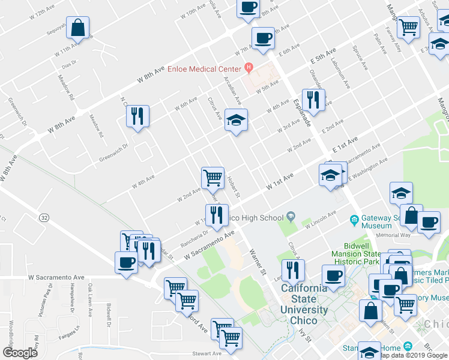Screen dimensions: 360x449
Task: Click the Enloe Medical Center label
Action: (x=203, y=69)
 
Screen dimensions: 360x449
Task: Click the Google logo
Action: (x=20, y=353)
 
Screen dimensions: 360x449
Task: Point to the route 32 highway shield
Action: (x=44, y=217)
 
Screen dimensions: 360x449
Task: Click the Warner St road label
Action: (x=258, y=262)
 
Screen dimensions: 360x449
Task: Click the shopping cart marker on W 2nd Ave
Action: (x=212, y=177)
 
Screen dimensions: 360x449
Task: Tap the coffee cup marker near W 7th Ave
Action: (x=263, y=38)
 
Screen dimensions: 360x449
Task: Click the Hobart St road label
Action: (x=234, y=187)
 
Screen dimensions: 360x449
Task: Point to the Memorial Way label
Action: (x=376, y=235)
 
